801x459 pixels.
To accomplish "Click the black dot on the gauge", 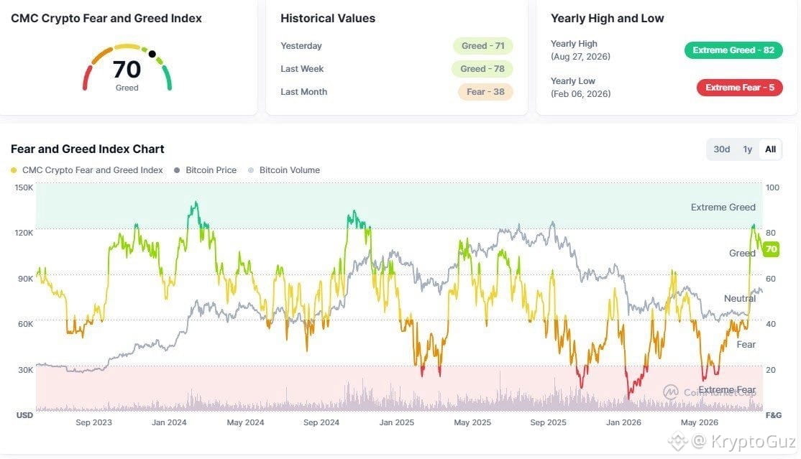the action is point(152,54).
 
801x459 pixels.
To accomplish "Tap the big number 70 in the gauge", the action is point(127,70).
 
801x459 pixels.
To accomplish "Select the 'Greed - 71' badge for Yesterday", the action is point(482,46).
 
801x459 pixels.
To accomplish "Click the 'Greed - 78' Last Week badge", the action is point(482,69).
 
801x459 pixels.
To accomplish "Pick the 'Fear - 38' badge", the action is point(485,92).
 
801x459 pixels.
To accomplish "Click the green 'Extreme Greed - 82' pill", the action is point(733,50).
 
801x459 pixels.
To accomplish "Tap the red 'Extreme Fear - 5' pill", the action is point(740,88).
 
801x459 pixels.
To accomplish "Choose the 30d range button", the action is point(722,149).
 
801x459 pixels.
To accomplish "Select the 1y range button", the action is point(747,149).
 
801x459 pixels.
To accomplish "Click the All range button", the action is point(770,149).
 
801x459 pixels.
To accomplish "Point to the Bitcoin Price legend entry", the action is point(205,170).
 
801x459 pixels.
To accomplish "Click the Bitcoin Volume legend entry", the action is point(284,170).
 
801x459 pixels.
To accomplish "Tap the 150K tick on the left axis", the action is point(24,187).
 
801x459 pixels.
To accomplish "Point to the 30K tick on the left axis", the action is point(26,370).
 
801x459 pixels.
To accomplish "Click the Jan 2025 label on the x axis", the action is point(396,422).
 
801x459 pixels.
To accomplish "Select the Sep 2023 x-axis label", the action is point(93,422).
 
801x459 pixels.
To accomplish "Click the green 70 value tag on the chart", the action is point(771,249).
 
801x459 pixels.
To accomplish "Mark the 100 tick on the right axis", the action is point(772,187).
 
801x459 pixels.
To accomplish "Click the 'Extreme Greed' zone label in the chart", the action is point(723,208).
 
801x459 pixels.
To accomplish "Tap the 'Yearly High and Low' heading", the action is point(607,19).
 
